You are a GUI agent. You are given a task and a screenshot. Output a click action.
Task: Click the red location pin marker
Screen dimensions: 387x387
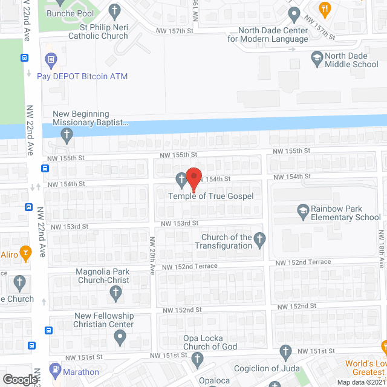point(193,178)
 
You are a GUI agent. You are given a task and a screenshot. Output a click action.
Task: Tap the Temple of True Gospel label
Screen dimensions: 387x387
point(210,196)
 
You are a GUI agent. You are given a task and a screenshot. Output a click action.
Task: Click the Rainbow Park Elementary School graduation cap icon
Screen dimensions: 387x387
point(302,210)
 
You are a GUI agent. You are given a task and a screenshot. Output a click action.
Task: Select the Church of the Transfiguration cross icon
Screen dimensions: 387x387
point(259,238)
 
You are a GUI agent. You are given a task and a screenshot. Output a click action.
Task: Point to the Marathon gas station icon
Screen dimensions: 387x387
point(55,368)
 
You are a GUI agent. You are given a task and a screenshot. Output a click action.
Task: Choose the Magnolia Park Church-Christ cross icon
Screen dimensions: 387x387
point(115,293)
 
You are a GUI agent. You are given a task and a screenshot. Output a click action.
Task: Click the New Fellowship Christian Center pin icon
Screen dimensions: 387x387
point(121,338)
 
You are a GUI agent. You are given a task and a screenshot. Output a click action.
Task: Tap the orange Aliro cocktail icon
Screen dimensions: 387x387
point(25,252)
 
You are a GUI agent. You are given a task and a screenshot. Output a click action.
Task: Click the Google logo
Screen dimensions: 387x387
point(20,379)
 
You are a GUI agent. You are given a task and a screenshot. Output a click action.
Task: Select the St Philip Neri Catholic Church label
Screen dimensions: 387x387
point(105,31)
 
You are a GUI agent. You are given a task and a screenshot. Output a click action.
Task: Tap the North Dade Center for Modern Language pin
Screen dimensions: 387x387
point(294,13)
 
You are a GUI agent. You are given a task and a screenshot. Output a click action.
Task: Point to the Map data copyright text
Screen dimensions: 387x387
point(361,382)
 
